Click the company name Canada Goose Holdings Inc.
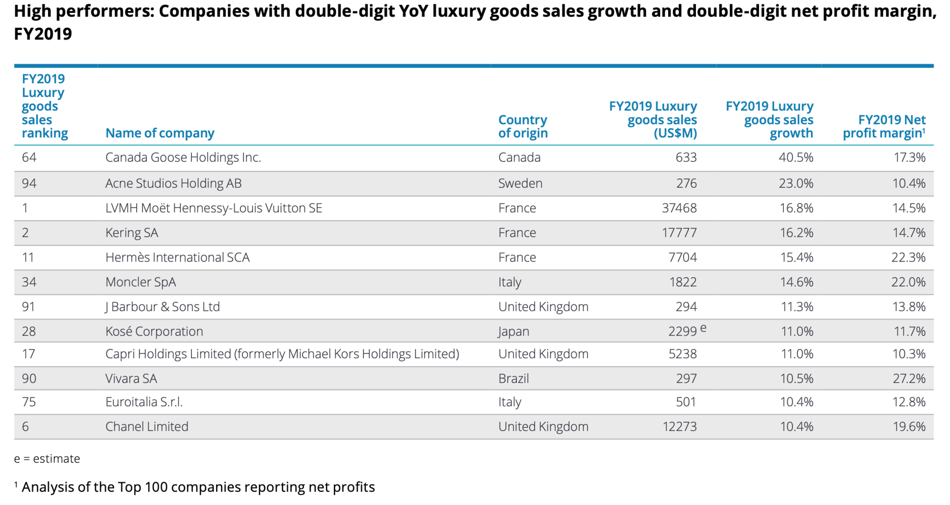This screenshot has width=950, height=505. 183,158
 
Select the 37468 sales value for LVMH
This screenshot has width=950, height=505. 679,208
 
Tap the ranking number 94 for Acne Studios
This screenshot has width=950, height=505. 29,184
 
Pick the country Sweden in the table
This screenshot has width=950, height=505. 520,184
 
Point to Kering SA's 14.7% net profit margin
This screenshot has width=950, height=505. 909,233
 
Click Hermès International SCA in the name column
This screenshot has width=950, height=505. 177,258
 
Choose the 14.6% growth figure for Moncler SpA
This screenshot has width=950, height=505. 797,282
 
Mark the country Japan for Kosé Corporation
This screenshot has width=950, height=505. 513,332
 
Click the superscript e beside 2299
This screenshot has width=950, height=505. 703,328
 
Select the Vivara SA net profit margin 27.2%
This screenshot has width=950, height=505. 909,379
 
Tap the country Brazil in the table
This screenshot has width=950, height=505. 513,379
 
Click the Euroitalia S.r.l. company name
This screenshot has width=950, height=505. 144,402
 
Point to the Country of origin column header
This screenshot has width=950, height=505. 523,126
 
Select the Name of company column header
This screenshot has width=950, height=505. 160,133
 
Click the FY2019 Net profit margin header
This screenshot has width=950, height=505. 884,126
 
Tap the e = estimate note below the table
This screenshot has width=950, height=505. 47,459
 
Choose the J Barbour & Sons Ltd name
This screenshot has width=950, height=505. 162,307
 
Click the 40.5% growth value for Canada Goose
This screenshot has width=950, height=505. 796,158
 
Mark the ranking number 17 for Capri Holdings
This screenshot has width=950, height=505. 28,354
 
